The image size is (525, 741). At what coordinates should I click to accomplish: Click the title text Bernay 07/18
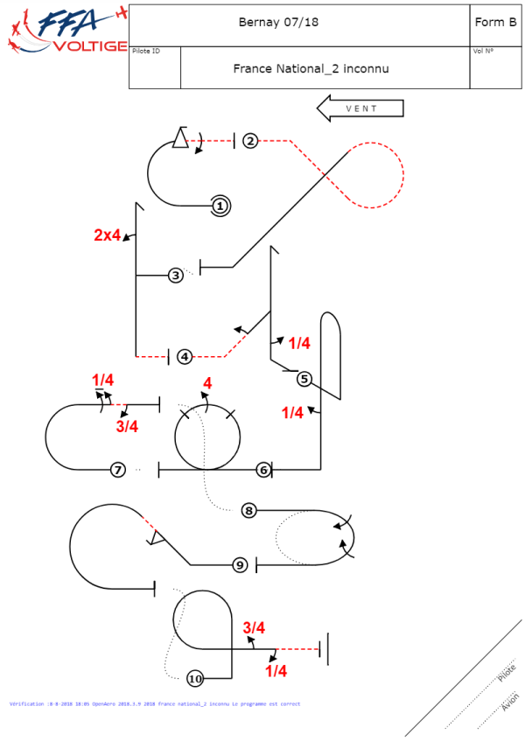(x=278, y=23)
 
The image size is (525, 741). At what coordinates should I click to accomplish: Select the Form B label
(x=495, y=23)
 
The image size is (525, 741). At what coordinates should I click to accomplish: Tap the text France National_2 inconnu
(x=311, y=67)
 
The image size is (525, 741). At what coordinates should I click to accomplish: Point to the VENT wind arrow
(x=360, y=108)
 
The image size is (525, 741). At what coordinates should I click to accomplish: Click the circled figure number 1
(x=220, y=206)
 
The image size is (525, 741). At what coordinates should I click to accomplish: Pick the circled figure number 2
(x=250, y=141)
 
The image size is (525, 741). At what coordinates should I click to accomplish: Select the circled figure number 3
(x=176, y=275)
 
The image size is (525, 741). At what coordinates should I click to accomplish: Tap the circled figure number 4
(x=185, y=356)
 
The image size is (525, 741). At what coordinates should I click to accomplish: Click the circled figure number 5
(x=304, y=379)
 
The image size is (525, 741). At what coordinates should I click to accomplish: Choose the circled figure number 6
(x=262, y=470)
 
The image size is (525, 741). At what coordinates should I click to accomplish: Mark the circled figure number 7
(x=118, y=470)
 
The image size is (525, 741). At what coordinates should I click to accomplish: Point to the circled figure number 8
(x=248, y=510)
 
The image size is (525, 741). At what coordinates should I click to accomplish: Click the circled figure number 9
(x=240, y=565)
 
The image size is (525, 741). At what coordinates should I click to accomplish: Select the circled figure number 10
(x=195, y=678)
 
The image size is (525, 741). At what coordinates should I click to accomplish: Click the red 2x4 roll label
(x=107, y=234)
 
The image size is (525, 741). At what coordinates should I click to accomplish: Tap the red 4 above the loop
(x=207, y=384)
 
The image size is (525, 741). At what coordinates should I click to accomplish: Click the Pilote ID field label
(x=145, y=51)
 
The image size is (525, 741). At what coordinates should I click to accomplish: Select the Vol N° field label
(x=483, y=51)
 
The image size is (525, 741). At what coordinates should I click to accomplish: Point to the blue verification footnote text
(x=154, y=703)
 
